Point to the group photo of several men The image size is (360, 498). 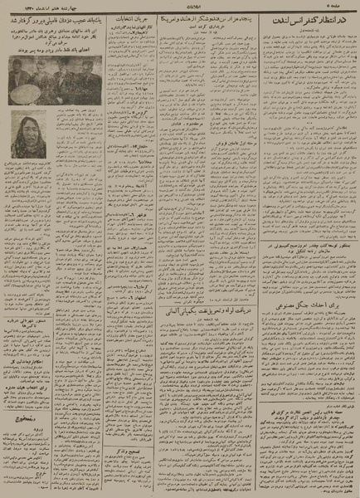(x=45, y=81)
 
